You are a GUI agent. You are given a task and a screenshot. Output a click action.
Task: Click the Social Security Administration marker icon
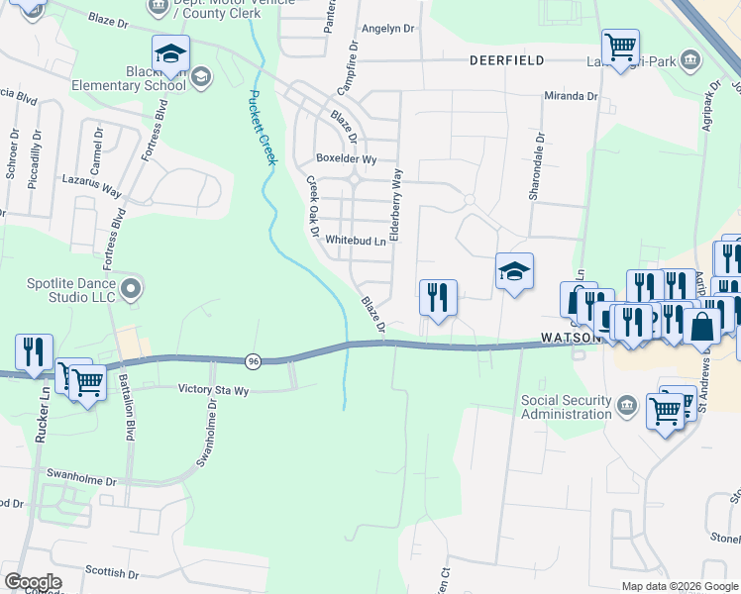tap(626, 405)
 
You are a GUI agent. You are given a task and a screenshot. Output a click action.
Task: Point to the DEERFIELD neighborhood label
tap(507, 60)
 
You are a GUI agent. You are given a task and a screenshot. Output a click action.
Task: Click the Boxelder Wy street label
tap(346, 158)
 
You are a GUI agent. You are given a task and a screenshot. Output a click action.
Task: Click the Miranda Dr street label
tap(571, 97)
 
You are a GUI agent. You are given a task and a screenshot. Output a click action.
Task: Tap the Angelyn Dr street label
tap(388, 29)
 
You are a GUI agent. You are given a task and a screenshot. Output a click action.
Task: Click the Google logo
tap(33, 582)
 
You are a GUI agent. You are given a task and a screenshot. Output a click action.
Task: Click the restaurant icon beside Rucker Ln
tap(35, 351)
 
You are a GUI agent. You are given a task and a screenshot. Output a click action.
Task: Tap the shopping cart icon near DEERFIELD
tap(620, 46)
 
